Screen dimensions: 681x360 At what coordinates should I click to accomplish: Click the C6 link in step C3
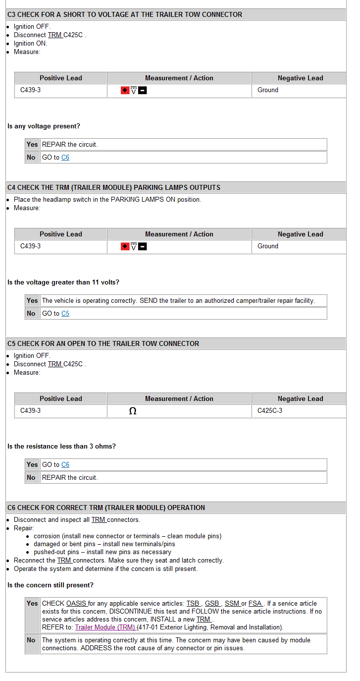(65, 158)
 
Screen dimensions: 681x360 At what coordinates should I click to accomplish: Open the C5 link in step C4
(65, 314)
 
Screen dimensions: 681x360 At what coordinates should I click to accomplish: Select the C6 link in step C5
(65, 465)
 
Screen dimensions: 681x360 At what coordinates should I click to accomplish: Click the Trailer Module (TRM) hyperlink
(105, 627)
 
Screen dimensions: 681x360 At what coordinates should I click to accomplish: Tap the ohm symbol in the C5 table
(133, 411)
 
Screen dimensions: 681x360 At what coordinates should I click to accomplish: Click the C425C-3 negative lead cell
(270, 411)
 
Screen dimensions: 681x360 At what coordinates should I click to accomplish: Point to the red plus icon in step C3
(125, 91)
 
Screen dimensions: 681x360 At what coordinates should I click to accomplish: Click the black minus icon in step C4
(143, 247)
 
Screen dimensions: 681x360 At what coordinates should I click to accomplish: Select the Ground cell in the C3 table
(268, 90)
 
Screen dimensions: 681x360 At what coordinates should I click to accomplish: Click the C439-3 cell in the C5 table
(31, 411)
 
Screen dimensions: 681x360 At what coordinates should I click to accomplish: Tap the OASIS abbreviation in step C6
(76, 604)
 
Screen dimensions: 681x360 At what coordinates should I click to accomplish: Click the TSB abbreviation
(193, 604)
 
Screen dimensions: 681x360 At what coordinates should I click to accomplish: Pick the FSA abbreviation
(256, 604)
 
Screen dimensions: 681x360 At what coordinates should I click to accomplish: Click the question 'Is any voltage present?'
(44, 126)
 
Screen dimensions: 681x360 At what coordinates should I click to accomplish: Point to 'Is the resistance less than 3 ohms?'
(61, 447)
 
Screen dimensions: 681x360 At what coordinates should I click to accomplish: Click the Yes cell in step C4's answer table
(32, 301)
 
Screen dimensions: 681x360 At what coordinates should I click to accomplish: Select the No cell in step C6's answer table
(31, 640)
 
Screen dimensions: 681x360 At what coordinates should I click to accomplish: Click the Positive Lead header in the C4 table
(61, 234)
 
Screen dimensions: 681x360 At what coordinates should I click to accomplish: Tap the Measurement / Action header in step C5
(179, 399)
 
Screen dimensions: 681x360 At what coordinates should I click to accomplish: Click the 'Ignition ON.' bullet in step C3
(31, 44)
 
